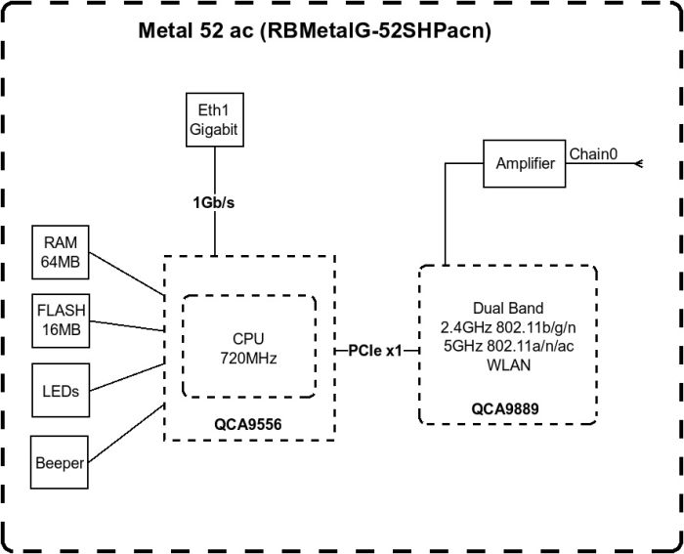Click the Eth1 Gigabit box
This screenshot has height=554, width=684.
click(213, 119)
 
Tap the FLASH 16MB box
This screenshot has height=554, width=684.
click(60, 319)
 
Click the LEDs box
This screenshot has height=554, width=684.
click(60, 390)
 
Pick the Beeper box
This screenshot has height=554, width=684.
click(60, 462)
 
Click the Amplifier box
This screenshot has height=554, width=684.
click(525, 163)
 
